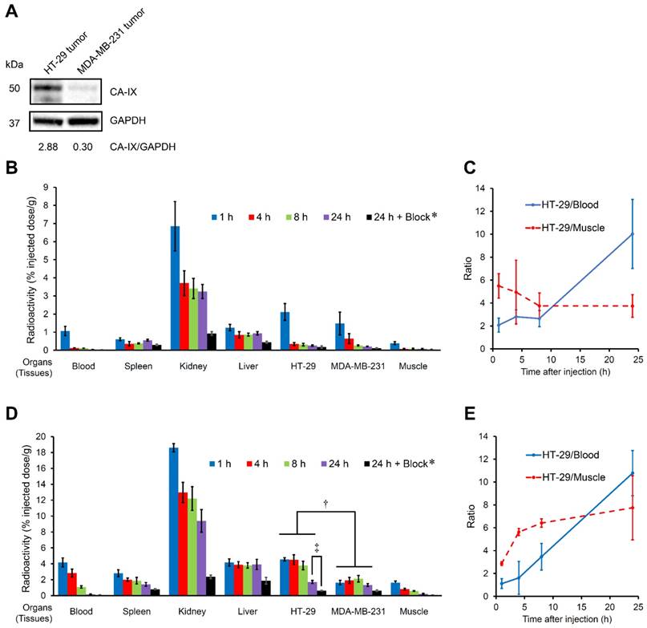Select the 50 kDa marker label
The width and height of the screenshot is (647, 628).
pos(14,87)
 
